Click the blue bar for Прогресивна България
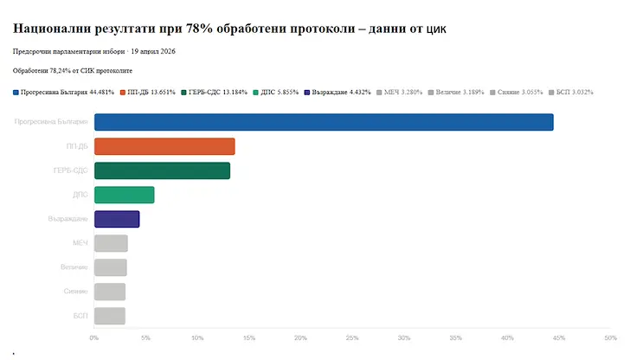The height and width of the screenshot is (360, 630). click(324, 122)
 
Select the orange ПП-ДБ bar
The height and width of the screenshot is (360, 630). click(164, 146)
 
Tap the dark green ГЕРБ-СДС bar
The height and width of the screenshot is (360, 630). click(162, 170)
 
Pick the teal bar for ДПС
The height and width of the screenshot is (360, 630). click(124, 195)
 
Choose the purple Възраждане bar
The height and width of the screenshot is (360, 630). click(117, 219)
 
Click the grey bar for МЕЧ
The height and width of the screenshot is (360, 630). click(111, 243)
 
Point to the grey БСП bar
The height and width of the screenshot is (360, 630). click(110, 316)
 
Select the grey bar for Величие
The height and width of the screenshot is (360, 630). click(111, 267)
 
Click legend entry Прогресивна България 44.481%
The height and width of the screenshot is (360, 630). click(64, 92)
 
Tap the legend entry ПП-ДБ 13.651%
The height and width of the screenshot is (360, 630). click(152, 92)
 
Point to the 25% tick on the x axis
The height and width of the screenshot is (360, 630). click(352, 337)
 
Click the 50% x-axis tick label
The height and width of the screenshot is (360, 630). click(610, 337)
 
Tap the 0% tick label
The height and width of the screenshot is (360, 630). click(94, 337)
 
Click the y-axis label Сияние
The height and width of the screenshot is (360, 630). click(75, 292)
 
